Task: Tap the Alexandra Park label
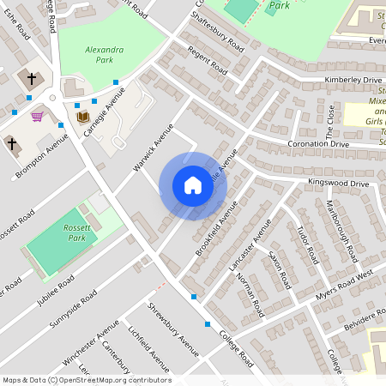105,55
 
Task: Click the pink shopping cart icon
37,117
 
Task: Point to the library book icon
83,117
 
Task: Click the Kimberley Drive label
353,80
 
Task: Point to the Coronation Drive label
318,144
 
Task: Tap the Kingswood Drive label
341,184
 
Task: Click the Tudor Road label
306,244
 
